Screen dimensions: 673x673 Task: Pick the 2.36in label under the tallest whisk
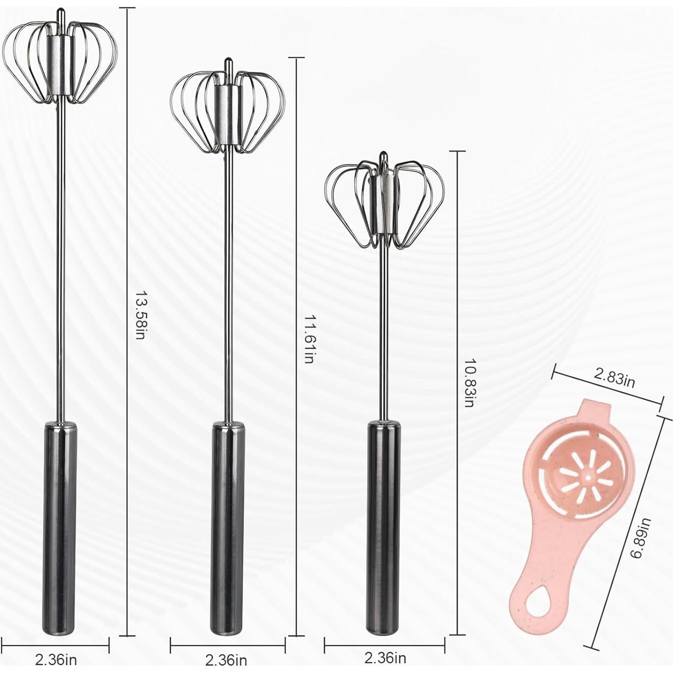(x=56, y=659)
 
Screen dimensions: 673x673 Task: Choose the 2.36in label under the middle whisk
(x=226, y=660)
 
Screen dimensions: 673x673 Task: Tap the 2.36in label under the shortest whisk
(x=385, y=657)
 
